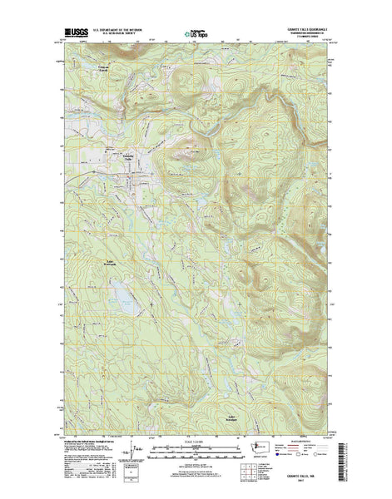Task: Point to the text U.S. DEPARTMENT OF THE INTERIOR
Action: [x=125, y=28]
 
